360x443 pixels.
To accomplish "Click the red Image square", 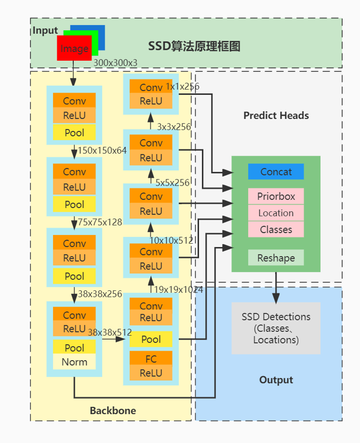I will tap(74, 49).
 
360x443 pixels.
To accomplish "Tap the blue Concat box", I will tap(276, 172).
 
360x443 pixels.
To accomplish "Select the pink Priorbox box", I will tap(276, 196).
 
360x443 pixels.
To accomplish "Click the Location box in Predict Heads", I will tap(276, 213).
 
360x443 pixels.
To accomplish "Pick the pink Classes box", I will tap(276, 229).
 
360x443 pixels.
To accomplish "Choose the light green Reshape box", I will tap(276, 258).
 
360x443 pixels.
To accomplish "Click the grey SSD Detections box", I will tap(276, 328).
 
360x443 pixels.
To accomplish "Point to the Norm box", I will tap(74, 362).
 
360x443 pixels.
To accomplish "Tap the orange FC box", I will tap(151, 358).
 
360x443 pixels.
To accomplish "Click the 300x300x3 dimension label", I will tap(115, 63).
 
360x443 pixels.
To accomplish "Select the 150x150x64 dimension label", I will tap(102, 151).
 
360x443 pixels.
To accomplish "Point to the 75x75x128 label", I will tap(100, 222).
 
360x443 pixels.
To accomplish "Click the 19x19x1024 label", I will tap(179, 290).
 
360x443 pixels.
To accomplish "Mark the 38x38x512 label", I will tap(110, 332).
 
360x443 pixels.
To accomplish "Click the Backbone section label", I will tap(113, 410).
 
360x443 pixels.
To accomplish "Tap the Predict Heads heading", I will tap(276, 116).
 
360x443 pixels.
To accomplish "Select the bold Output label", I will tap(276, 380).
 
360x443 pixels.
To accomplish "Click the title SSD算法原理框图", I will tap(194, 46).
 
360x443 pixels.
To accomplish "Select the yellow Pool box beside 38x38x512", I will tap(151, 339).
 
